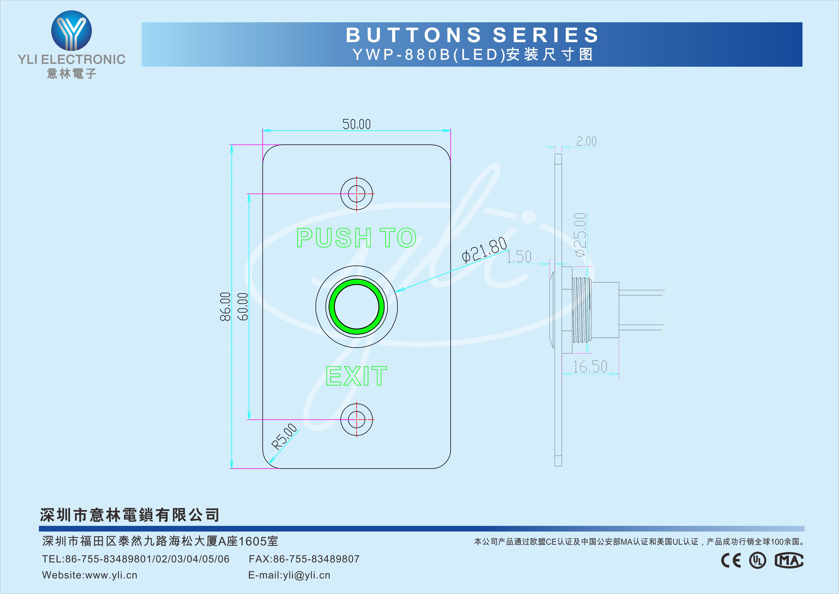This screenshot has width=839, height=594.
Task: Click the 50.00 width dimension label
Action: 356,124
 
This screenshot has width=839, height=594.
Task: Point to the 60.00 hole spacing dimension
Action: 243,307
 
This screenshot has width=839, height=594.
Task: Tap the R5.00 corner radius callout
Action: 285,436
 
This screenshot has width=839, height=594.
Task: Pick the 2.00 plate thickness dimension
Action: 586,141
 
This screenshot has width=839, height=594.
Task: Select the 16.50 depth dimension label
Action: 590,366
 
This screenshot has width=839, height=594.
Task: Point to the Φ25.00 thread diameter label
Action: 581,235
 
